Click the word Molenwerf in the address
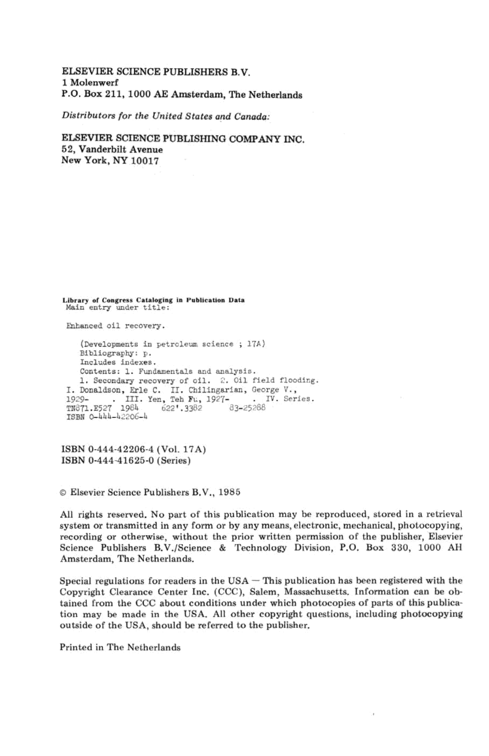click(x=94, y=83)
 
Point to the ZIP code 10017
click(x=145, y=161)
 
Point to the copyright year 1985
click(x=229, y=492)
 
